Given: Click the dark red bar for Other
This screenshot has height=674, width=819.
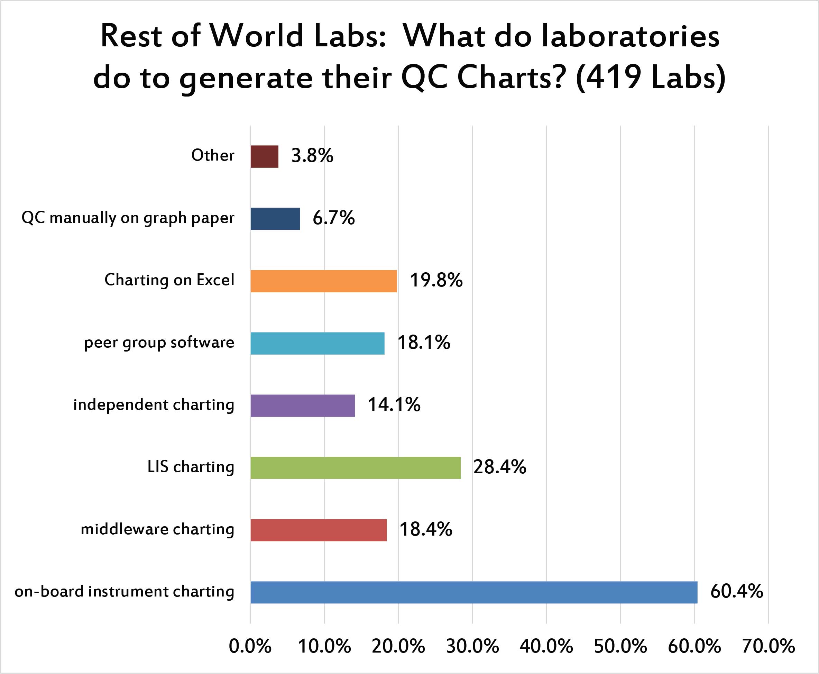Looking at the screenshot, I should (x=264, y=156).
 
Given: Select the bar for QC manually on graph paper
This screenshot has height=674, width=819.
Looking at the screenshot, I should (x=275, y=219).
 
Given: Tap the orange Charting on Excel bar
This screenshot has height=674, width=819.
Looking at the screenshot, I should (x=324, y=281).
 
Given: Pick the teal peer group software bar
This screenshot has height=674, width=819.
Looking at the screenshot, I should (x=318, y=343).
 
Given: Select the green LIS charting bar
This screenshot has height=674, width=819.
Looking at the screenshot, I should (x=356, y=468).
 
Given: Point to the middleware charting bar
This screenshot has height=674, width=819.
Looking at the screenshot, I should (x=319, y=530).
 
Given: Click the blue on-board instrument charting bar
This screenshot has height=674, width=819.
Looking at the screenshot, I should (x=474, y=592).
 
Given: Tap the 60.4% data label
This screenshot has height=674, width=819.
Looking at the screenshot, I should (x=737, y=591).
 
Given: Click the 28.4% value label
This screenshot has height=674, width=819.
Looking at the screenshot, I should (x=499, y=467).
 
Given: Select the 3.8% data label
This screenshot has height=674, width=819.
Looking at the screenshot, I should (x=312, y=156).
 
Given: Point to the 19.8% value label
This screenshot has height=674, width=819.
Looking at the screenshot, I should (x=436, y=280).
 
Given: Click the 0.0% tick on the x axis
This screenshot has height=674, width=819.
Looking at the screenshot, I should (x=250, y=646).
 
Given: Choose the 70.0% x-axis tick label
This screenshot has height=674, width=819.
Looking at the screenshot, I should (x=769, y=646).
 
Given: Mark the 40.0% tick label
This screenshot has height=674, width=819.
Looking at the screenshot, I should (x=546, y=646).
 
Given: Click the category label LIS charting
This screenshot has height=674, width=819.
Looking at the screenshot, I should (x=191, y=467).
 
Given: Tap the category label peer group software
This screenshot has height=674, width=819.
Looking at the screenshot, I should (x=159, y=343).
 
